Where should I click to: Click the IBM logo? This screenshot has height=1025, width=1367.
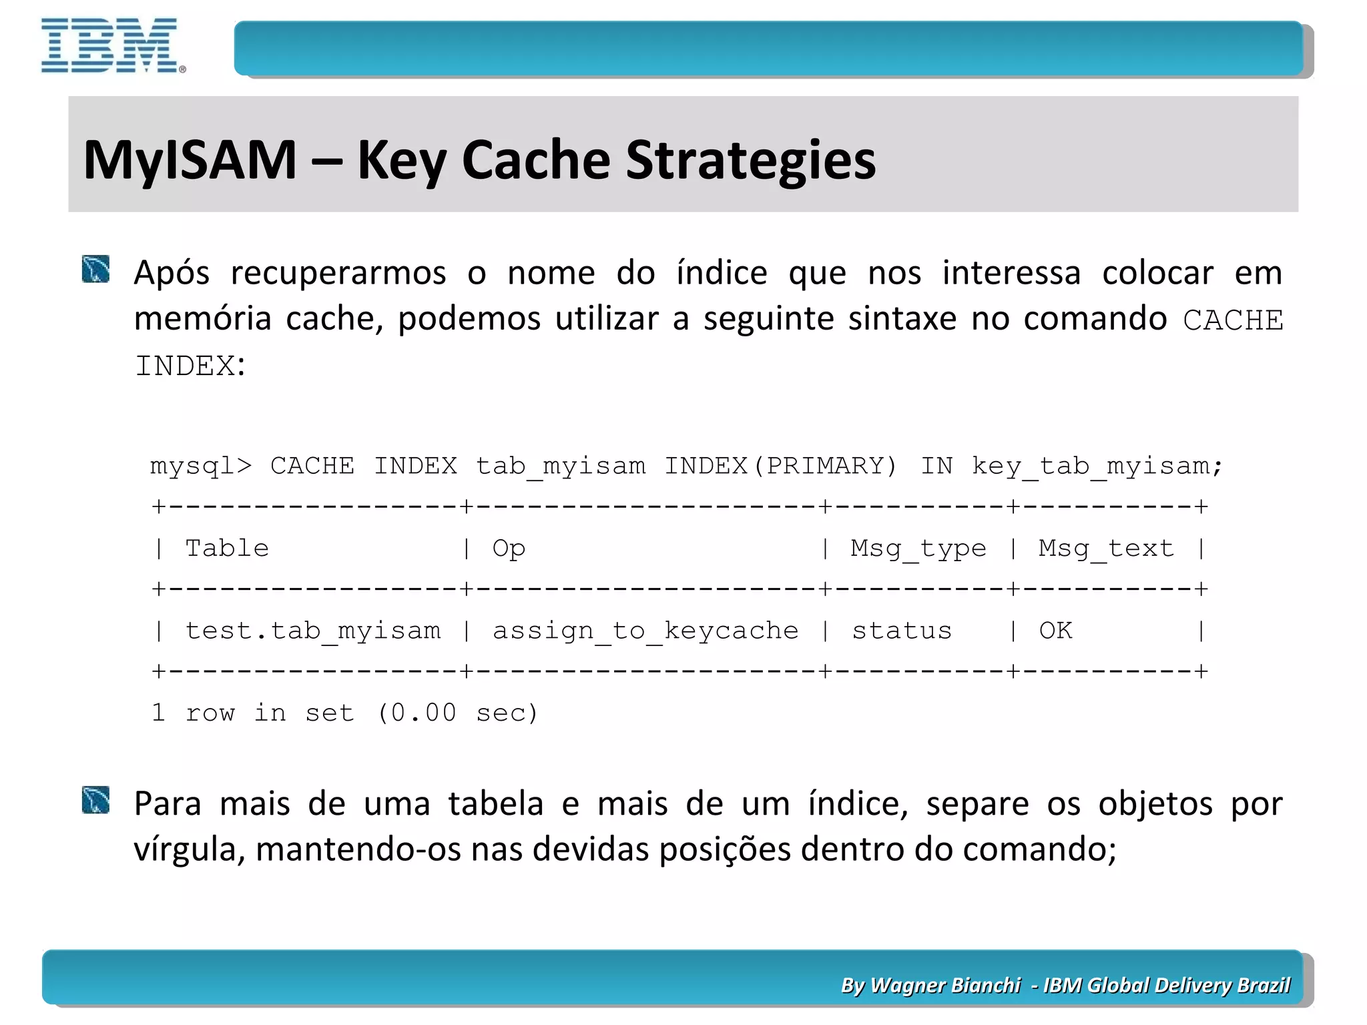pyautogui.click(x=112, y=45)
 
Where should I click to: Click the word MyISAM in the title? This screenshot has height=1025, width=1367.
pyautogui.click(x=190, y=160)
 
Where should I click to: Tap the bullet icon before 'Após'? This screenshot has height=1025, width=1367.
pyautogui.click(x=95, y=269)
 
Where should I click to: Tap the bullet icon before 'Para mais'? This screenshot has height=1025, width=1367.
pyautogui.click(x=95, y=800)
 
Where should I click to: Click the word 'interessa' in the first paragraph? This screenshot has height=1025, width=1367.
pyautogui.click(x=1011, y=274)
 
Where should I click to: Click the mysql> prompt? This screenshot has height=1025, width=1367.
pyautogui.click(x=201, y=466)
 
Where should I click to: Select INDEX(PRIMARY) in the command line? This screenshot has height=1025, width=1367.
pyautogui.click(x=780, y=466)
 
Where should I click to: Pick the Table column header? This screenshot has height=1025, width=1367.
pyautogui.click(x=227, y=549)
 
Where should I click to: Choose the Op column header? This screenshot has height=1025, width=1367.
pyautogui.click(x=509, y=549)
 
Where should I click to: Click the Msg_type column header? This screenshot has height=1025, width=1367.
pyautogui.click(x=918, y=549)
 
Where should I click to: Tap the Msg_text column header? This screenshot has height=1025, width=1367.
pyautogui.click(x=1105, y=549)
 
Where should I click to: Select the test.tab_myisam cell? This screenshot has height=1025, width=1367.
pyautogui.click(x=313, y=631)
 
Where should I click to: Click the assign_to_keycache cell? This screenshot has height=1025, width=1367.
pyautogui.click(x=645, y=631)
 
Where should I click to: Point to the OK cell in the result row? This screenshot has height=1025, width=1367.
pyautogui.click(x=1055, y=631)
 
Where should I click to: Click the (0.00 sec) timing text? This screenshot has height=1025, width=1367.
pyautogui.click(x=457, y=713)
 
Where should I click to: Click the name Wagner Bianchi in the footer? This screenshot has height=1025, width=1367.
pyautogui.click(x=945, y=985)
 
